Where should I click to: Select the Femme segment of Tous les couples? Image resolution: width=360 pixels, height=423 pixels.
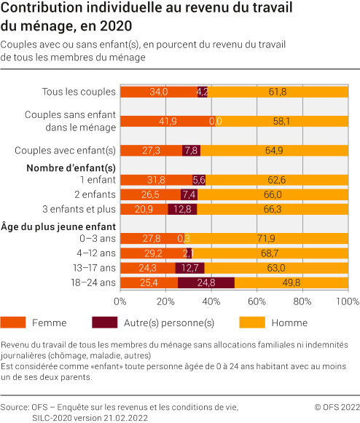158,92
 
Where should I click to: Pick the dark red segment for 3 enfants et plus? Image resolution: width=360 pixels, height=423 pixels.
182,209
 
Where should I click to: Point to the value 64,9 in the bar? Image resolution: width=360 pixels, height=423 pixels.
274,150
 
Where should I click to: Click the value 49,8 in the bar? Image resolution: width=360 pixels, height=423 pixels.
291,282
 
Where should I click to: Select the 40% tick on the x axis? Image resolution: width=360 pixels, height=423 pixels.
211,301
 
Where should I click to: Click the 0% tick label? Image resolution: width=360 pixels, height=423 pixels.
121,301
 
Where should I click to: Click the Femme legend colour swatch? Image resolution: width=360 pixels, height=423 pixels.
15,323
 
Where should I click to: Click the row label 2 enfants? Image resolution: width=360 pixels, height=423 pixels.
97,194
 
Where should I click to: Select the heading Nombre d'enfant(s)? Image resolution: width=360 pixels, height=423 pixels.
70,167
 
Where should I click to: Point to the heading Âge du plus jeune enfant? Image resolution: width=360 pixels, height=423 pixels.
58,225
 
